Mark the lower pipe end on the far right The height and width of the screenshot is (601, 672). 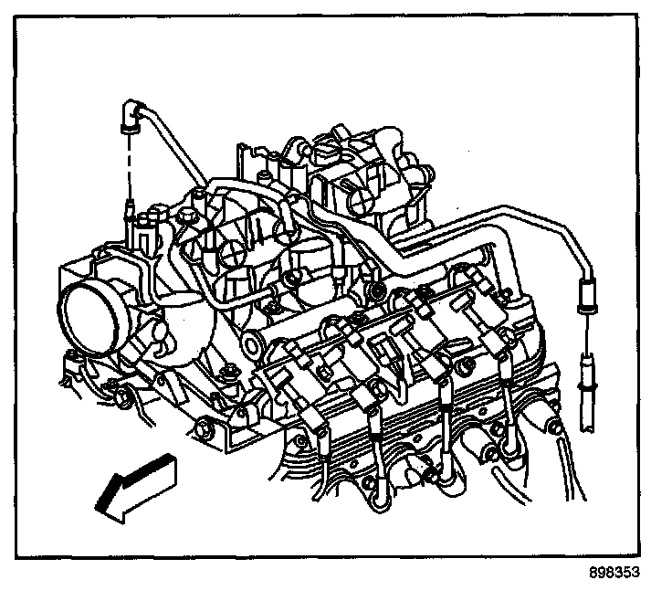click(x=584, y=374)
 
